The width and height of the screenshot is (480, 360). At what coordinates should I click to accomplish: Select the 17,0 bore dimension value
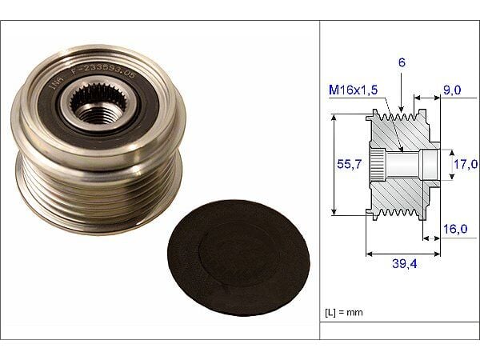pos(466,165)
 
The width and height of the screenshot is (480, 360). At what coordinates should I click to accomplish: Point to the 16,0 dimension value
pos(457,229)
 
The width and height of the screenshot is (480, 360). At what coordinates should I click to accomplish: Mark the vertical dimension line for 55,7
pos(333,164)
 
